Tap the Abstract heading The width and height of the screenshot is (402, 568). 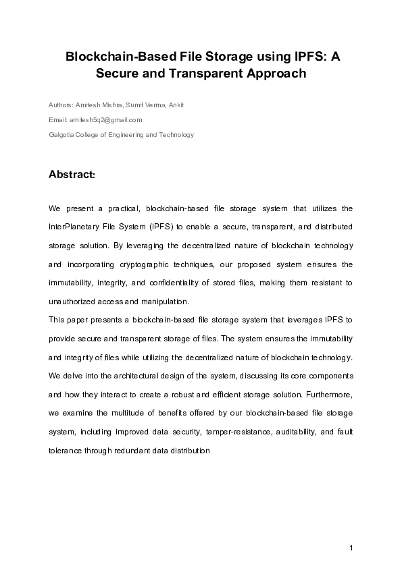pyautogui.click(x=72, y=174)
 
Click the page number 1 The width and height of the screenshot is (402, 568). pyautogui.click(x=352, y=546)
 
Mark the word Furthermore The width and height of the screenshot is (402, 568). pyautogui.click(x=329, y=393)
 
